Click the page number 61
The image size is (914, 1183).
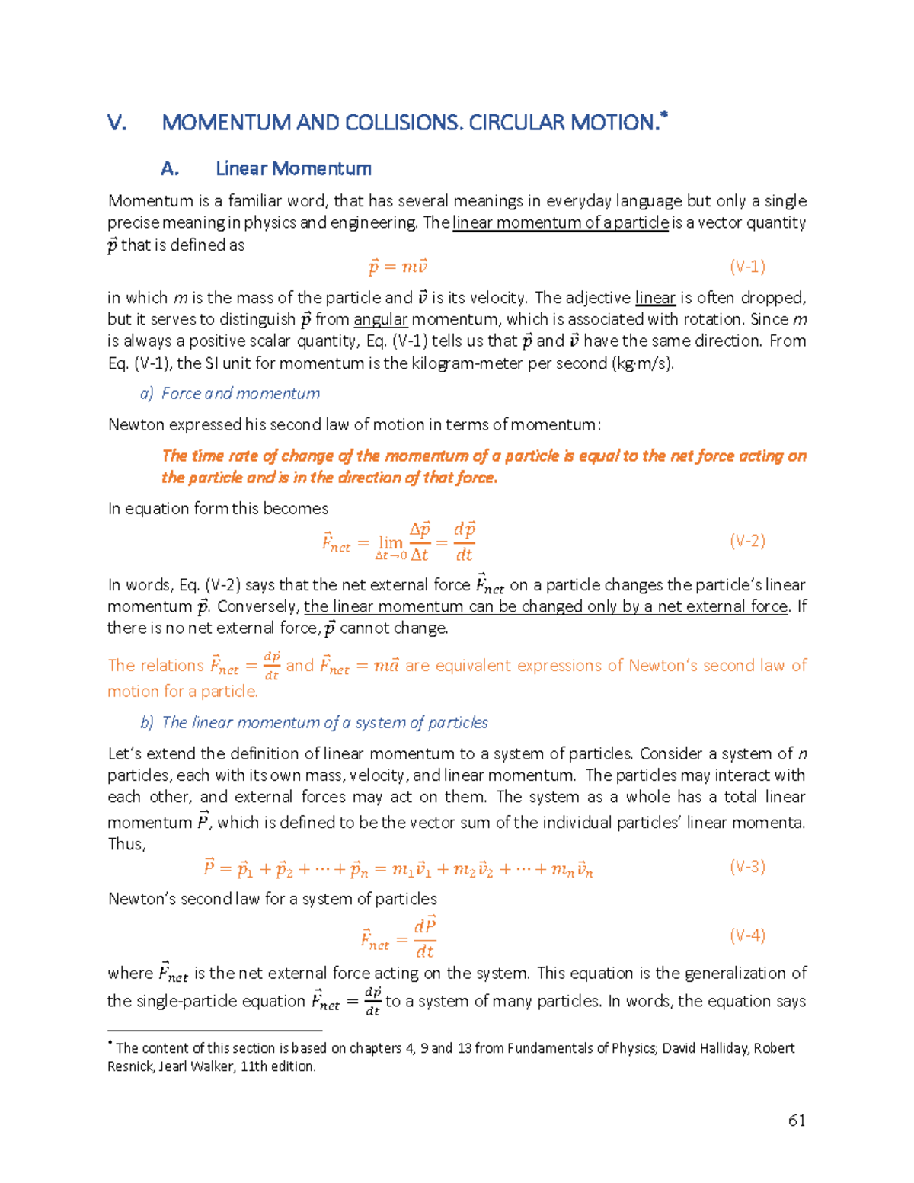click(x=797, y=1120)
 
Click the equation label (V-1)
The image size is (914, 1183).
click(x=747, y=267)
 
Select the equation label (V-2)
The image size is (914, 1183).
click(x=747, y=541)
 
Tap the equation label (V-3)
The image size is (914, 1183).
click(x=747, y=866)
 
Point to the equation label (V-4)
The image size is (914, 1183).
click(x=747, y=935)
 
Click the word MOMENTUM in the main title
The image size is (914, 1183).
click(x=226, y=123)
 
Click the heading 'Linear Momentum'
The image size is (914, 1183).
click(x=293, y=168)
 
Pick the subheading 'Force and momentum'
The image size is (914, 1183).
click(x=240, y=393)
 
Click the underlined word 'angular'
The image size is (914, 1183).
click(x=381, y=319)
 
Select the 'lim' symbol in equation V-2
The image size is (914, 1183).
click(x=391, y=542)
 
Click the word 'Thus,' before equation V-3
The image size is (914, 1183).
click(x=126, y=844)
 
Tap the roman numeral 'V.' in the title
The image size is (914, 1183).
click(x=117, y=123)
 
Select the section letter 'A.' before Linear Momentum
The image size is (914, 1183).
click(x=170, y=168)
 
